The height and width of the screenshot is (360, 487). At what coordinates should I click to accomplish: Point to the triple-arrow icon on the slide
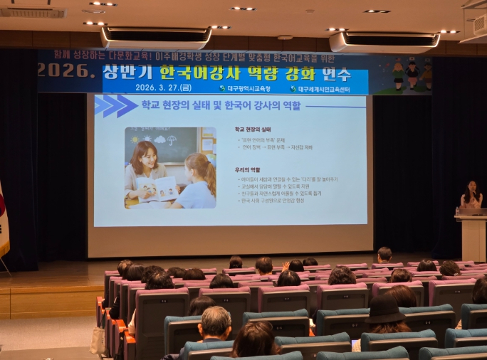click(x=115, y=106)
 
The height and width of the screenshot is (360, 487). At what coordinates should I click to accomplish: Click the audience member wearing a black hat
click(x=386, y=312)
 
